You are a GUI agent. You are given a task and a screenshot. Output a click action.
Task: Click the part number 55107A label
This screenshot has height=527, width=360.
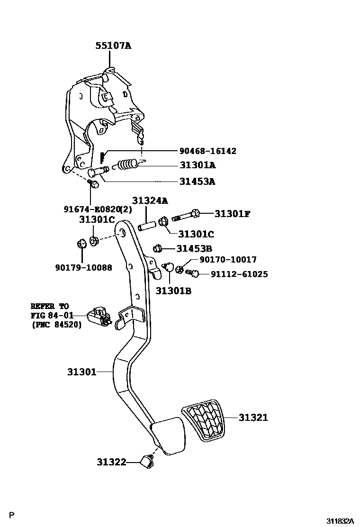pos(113,46)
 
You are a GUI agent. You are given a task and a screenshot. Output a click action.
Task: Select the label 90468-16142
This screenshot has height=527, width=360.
pos(207,151)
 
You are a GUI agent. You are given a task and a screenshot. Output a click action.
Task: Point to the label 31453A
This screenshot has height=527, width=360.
pos(198,181)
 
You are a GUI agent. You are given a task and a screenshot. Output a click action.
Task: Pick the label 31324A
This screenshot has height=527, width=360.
pos(150,200)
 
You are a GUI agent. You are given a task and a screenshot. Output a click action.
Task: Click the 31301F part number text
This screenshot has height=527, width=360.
pos(232,214)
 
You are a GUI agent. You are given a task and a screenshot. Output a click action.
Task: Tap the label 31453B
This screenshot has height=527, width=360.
pos(194,248)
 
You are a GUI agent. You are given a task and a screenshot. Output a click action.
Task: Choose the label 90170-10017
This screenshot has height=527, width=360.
pos(228,260)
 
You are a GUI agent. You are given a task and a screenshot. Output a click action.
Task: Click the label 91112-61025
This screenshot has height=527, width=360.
pos(232,274)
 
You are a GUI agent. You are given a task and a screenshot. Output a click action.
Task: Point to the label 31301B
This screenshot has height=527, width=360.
pos(173,291)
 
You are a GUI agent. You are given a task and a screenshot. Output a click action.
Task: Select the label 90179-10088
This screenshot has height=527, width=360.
pos(84,267)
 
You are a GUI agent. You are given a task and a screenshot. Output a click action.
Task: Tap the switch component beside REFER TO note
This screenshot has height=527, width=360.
pos(99,317)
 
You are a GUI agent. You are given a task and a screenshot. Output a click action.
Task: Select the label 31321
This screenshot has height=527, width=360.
pos(253,418)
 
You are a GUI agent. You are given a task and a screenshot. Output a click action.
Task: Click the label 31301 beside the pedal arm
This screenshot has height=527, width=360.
pos(81,372)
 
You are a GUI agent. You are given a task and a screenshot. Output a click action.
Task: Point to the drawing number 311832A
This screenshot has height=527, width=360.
pos(340,520)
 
